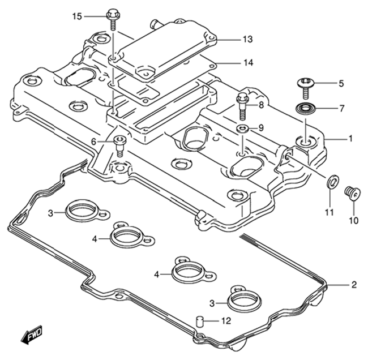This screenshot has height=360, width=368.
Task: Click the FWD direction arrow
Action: (x=31, y=335)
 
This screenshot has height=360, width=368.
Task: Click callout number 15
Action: (x=77, y=16)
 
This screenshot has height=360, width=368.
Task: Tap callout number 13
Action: (x=247, y=40)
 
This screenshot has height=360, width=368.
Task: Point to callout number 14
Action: (x=248, y=63)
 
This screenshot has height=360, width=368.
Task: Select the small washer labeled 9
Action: (x=243, y=128)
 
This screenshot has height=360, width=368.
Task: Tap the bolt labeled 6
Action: (x=120, y=147)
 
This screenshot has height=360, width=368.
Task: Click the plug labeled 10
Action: (x=352, y=193)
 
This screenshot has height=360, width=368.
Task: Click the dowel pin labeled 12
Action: (x=199, y=322)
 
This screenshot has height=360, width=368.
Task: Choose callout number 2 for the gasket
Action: (x=354, y=285)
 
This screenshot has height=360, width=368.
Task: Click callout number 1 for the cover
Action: (x=350, y=139)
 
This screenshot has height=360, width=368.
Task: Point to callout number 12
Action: (x=226, y=321)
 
